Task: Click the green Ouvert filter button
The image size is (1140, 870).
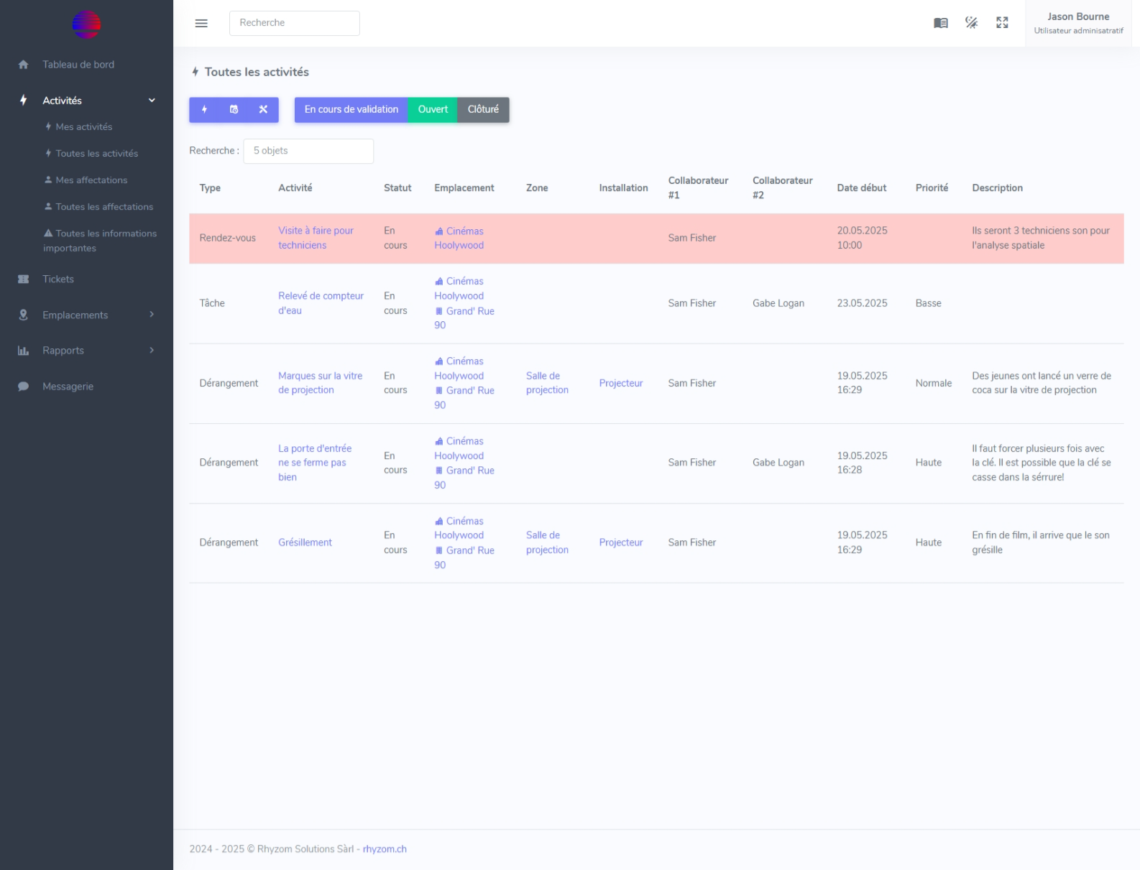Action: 433,110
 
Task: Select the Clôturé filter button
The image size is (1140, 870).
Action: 483,110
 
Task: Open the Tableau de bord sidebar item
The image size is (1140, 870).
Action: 78,65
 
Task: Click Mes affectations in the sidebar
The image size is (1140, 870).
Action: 91,180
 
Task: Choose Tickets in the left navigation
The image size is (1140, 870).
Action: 58,279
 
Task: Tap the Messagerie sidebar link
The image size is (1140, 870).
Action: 68,387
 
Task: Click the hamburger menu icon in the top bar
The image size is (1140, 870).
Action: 201,23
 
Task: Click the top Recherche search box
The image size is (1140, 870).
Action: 294,23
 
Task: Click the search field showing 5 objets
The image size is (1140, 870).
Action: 308,151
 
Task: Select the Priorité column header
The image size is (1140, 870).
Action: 932,188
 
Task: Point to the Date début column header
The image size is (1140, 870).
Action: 861,188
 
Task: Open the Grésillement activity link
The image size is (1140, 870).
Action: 305,543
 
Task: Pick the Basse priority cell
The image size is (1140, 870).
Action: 928,304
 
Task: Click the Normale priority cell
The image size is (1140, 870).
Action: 933,384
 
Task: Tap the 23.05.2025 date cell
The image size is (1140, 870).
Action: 862,304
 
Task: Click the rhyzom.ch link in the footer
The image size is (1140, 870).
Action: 385,849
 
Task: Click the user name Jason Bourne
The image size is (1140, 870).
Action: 1077,17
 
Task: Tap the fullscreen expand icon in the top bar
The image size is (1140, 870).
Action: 1002,23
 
